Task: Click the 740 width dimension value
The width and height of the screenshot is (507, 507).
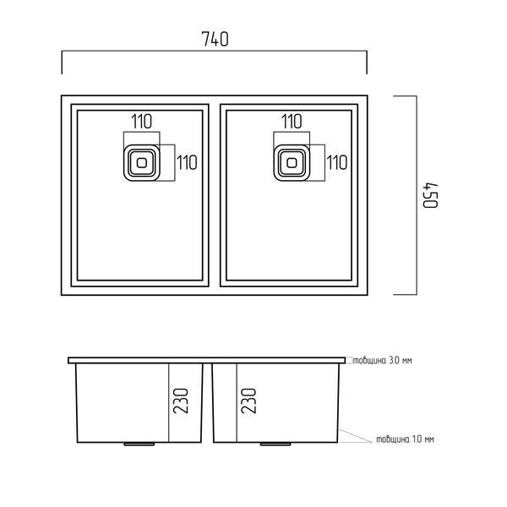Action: [215, 39]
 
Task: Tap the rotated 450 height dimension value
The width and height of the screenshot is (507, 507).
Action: [431, 196]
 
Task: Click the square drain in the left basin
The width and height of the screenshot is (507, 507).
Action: [142, 162]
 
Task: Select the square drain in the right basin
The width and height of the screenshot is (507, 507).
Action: [292, 162]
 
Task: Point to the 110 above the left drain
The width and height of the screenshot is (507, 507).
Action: [142, 121]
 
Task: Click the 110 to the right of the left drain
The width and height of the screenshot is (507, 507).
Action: [187, 162]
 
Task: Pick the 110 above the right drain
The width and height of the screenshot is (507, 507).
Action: [292, 121]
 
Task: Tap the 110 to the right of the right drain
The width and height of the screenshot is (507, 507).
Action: [337, 162]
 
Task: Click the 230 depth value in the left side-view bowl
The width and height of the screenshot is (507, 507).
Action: [181, 401]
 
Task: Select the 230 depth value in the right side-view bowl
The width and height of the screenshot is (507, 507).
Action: [248, 401]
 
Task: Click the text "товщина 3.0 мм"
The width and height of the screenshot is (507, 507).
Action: [382, 360]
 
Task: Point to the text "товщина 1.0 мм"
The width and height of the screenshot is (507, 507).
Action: [405, 439]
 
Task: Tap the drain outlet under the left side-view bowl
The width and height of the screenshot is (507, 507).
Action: [139, 444]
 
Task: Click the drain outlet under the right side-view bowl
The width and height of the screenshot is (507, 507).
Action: [275, 444]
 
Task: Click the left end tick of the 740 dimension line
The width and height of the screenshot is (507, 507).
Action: [62, 63]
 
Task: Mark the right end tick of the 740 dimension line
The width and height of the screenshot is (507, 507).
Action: [367, 63]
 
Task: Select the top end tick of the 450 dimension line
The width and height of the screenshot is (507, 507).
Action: [405, 96]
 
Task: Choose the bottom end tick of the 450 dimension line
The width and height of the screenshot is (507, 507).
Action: [405, 295]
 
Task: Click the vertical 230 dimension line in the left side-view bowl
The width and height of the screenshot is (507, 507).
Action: [168, 403]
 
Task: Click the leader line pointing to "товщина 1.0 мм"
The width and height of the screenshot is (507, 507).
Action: [355, 436]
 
